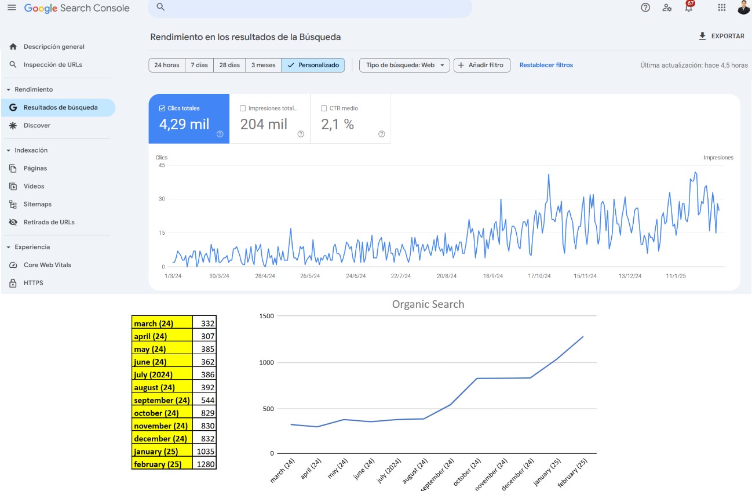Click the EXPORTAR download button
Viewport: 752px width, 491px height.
[721, 36]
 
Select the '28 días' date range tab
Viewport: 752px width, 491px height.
[229, 65]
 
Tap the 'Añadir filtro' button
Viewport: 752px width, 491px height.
[481, 65]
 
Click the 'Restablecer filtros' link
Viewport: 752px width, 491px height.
[546, 65]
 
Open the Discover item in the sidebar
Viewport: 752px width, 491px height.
[37, 125]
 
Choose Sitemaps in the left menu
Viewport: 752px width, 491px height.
[38, 204]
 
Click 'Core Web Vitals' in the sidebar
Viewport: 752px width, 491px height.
[47, 265]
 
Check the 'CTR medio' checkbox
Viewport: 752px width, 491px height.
[324, 108]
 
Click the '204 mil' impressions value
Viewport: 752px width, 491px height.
[264, 124]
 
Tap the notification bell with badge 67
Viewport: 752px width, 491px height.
[689, 8]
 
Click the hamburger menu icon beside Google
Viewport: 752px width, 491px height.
[12, 8]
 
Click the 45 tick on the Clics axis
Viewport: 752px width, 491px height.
[162, 165]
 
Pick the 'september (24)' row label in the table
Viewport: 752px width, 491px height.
[162, 400]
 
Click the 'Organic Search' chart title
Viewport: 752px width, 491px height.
[428, 304]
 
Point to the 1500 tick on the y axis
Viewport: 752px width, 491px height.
[267, 316]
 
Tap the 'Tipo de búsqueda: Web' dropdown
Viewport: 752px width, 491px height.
[404, 65]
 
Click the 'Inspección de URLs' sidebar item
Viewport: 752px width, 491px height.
[53, 64]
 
